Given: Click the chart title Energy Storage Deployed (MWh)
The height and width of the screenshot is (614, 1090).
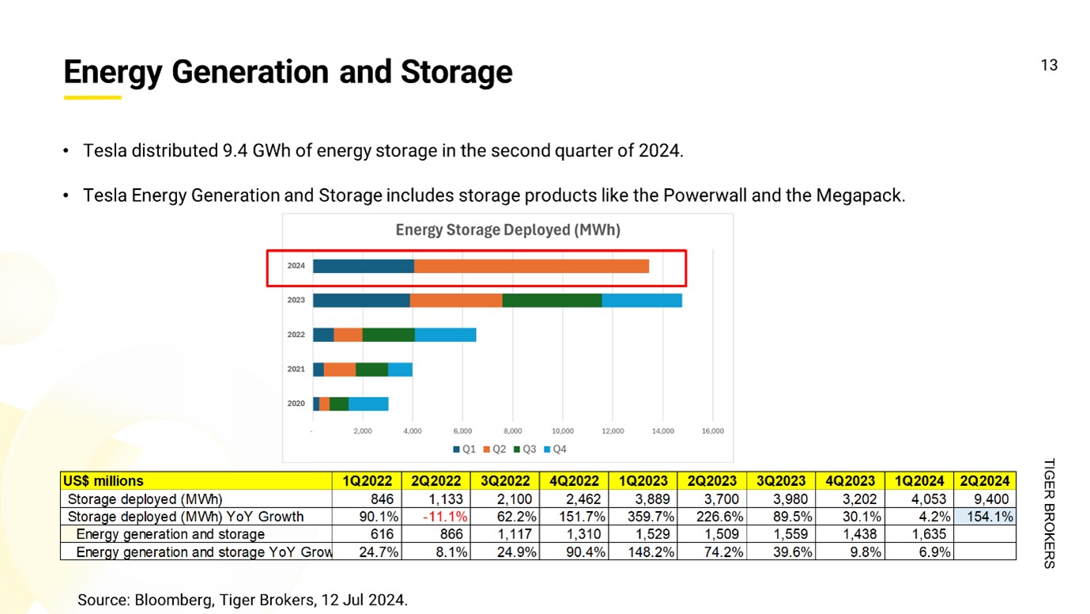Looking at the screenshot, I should pos(507,230).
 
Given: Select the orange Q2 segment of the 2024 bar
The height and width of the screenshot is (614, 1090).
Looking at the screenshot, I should pos(531,266).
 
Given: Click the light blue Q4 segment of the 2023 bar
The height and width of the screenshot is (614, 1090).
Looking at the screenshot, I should pos(641,301).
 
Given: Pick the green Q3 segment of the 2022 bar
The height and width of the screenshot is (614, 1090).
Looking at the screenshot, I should pos(388,335).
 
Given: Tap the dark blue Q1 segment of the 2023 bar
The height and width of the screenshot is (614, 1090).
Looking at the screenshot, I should pos(361,301).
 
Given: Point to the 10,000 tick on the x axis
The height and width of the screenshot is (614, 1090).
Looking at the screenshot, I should pos(563,431).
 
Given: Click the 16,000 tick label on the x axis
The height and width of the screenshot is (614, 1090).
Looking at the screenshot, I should pos(712,431).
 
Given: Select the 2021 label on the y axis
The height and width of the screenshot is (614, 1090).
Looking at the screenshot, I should pos(296,370).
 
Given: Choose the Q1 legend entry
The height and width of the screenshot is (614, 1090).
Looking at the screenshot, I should pos(464,449).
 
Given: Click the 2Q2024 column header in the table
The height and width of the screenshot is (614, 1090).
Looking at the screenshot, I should pos(984,480).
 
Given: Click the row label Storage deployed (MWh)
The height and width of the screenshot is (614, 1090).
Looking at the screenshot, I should pos(145,499).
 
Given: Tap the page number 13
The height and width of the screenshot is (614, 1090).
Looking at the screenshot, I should pos(1049,66).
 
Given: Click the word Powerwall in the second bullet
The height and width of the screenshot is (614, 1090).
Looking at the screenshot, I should pos(698,195).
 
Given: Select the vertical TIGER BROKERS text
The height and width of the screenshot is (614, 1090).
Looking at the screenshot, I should pos(1050,513).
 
